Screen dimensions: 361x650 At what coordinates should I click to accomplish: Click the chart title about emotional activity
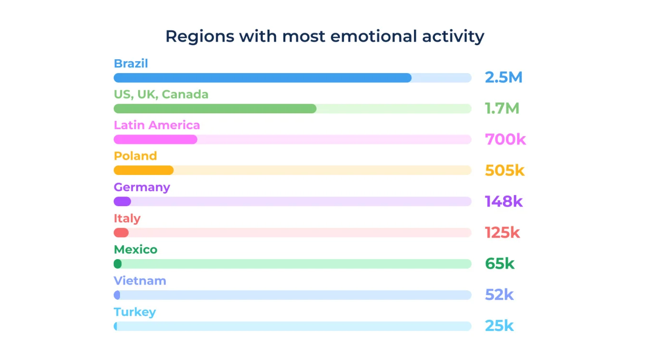pos(325,36)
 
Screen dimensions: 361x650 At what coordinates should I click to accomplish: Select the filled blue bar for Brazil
pos(262,78)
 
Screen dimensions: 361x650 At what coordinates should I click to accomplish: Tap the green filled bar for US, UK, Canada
pos(215,109)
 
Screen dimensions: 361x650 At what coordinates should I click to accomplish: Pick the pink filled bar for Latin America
pos(155,140)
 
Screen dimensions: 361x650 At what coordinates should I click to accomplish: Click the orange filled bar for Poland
pos(143,170)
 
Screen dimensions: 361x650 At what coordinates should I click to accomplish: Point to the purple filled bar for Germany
pos(122,201)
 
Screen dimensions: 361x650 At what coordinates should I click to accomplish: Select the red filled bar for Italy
pos(121,233)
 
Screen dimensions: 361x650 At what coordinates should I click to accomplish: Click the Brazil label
pos(131,64)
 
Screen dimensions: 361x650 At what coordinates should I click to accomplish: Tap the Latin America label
pos(157,125)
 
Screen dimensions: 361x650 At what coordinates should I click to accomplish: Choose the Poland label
pos(135,156)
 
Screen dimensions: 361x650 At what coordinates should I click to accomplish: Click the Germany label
pos(142,187)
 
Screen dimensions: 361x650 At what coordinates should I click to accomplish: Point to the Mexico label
pos(135,250)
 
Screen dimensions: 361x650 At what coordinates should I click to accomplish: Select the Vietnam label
pos(140,281)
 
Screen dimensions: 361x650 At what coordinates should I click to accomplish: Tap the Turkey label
pos(135,312)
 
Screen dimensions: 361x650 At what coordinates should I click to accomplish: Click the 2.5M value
pos(504,77)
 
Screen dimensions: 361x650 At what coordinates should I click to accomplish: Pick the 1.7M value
pos(502,109)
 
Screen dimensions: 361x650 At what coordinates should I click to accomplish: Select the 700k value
pos(505,140)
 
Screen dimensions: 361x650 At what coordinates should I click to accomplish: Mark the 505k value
pos(505,170)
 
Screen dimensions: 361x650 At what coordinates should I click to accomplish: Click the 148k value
pos(504,201)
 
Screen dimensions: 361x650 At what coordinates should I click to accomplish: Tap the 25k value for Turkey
pos(499,326)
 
